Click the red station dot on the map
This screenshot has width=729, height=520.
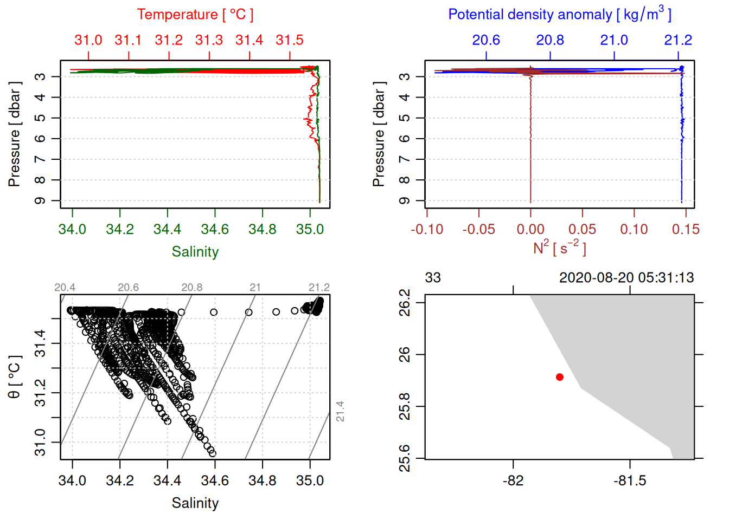[560, 377]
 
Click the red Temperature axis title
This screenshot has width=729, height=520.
[195, 15]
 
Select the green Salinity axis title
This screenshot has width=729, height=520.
[195, 252]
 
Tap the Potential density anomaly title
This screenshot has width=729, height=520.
[559, 15]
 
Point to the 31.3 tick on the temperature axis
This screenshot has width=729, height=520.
[209, 40]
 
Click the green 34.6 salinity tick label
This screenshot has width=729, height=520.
[215, 230]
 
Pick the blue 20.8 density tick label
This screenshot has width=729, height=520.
[550, 40]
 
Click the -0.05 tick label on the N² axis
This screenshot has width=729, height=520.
[478, 230]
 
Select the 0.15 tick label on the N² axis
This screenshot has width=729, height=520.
[686, 230]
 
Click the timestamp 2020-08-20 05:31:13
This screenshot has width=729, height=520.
[626, 278]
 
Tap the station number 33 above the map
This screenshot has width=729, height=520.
[433, 278]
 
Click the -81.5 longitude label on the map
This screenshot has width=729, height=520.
[630, 481]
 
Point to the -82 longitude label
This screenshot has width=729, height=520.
[513, 481]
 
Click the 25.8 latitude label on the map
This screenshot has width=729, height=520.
[405, 406]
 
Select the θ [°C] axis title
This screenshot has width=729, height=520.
[14, 377]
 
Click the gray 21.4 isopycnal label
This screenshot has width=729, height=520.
[340, 411]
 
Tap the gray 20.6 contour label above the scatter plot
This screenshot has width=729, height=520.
[128, 288]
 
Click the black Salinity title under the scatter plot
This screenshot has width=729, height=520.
[195, 503]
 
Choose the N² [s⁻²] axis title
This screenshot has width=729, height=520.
[559, 248]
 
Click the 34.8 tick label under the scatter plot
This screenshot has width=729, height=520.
[263, 481]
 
